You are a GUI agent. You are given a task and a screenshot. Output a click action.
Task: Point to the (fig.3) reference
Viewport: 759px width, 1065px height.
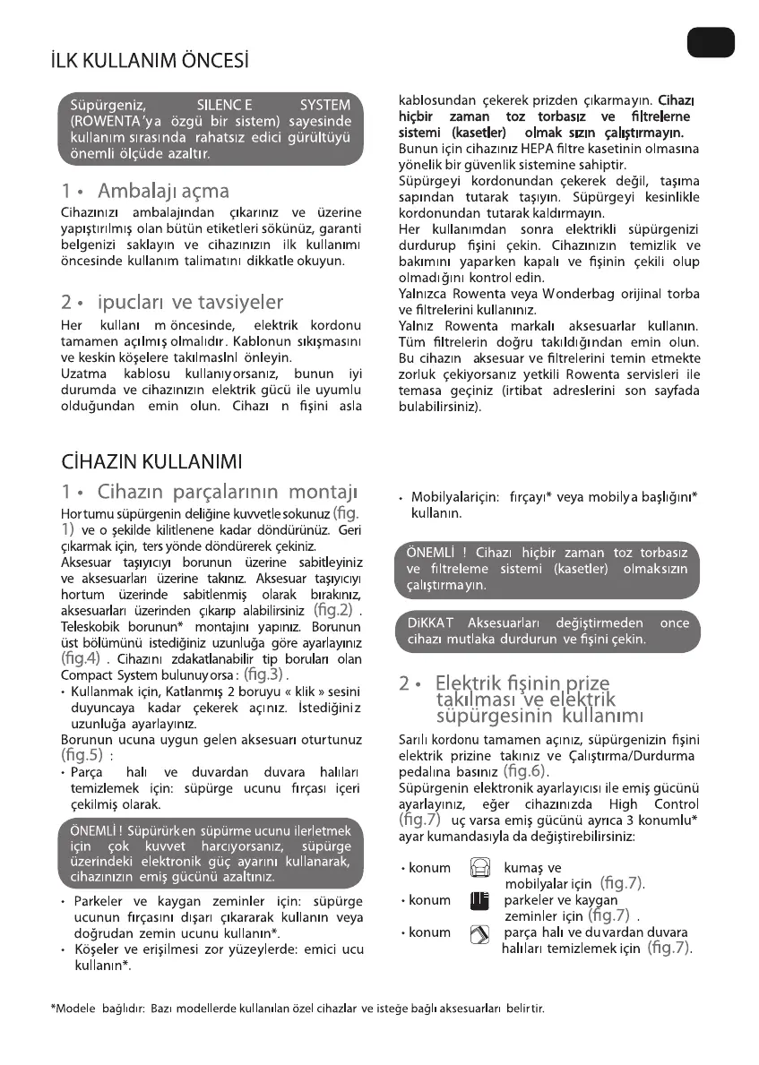(263, 674)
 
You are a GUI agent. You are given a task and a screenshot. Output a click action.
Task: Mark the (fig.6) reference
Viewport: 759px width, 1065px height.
(526, 770)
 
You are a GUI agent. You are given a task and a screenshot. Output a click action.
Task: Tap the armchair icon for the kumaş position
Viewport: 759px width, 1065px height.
(479, 869)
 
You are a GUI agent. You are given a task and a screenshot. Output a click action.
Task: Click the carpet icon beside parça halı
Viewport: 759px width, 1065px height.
(479, 933)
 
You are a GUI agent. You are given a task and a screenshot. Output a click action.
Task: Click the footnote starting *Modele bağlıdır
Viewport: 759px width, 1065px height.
(298, 1009)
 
